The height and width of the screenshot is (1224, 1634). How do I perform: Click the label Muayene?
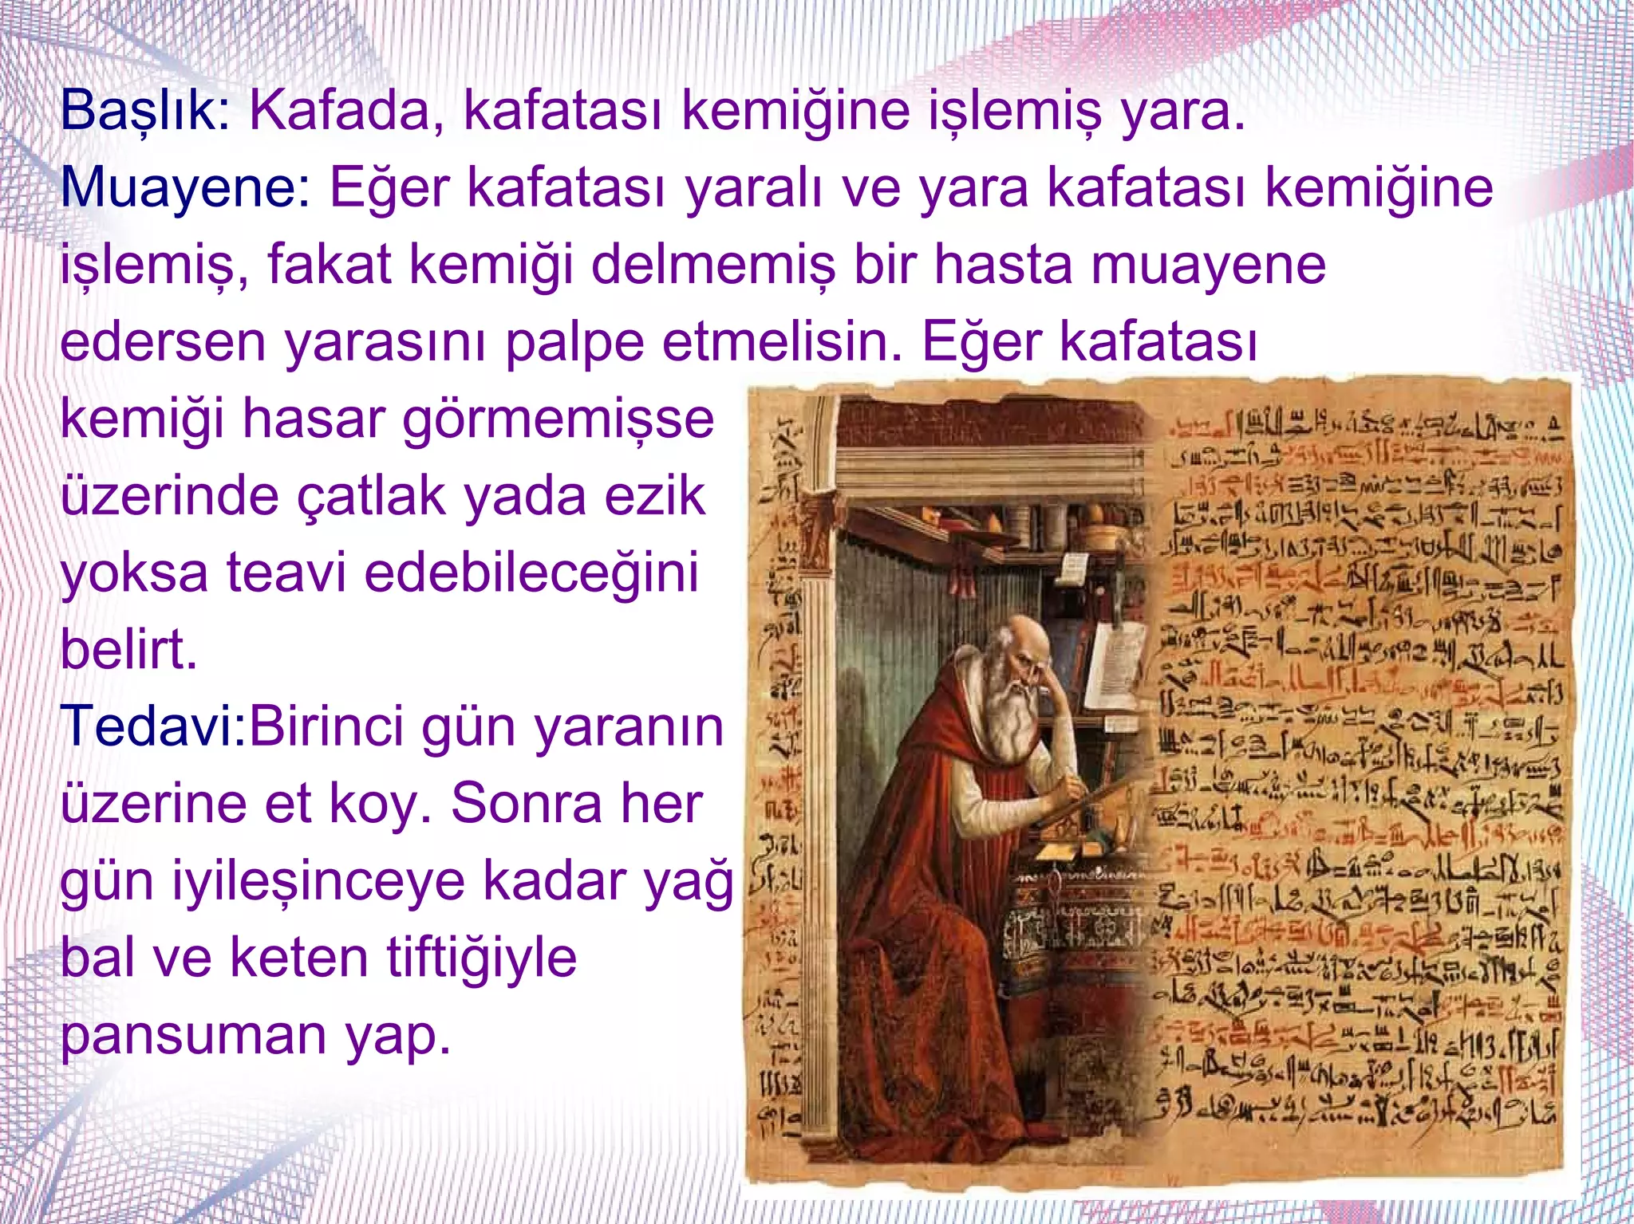[x=186, y=187]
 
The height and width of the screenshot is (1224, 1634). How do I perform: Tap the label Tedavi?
[x=155, y=726]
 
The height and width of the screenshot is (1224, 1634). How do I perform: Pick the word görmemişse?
[x=558, y=419]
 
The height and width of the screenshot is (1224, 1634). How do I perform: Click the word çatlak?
[x=372, y=496]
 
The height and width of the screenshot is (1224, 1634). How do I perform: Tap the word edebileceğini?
[x=531, y=573]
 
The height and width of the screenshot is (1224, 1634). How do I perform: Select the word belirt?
[x=128, y=650]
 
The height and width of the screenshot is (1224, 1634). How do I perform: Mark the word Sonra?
[x=527, y=803]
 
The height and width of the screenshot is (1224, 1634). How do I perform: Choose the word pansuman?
[x=192, y=1035]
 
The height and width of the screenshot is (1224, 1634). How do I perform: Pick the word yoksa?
[x=134, y=573]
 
